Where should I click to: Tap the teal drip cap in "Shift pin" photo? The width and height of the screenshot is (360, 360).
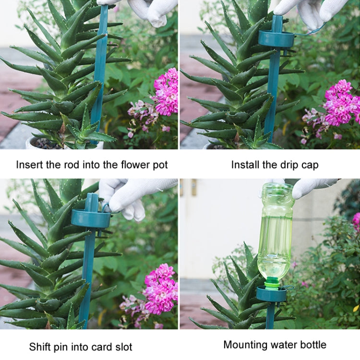tap(91, 218)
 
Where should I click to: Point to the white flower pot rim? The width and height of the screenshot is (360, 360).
tap(34, 143)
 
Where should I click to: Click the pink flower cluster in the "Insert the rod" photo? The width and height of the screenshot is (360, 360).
tap(166, 91)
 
